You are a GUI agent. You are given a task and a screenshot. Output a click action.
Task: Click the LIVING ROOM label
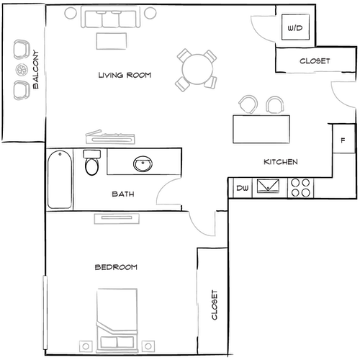coord(124,75)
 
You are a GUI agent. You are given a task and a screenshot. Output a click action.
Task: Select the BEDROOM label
coord(116,267)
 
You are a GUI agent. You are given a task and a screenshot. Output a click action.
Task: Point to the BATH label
coord(122,194)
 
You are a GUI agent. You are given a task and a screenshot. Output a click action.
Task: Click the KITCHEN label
coord(281,163)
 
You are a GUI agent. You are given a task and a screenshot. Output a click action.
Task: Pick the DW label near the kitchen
coord(242,189)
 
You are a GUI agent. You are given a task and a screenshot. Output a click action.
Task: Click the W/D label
coord(295,28)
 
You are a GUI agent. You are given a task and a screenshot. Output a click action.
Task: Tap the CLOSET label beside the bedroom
coord(214,305)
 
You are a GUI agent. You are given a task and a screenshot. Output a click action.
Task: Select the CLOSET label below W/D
coord(315,61)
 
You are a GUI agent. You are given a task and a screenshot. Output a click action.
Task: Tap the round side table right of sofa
coord(150,13)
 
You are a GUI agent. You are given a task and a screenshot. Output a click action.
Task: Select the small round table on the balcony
coord(20,70)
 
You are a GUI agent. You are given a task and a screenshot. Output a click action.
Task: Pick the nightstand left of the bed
coord(86,346)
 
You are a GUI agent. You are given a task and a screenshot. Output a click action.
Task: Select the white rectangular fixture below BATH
coord(116,217)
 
